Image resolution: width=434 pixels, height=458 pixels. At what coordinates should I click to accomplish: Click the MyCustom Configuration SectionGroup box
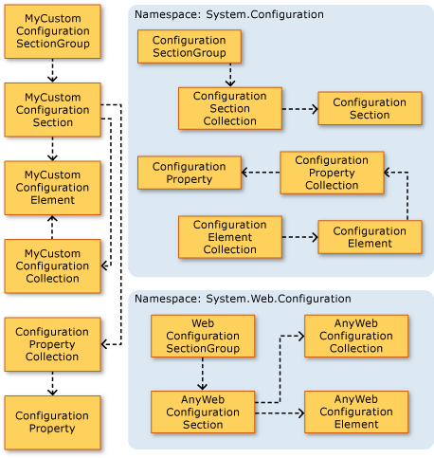point(52,31)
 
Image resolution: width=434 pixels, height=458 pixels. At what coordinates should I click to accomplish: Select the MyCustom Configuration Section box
point(52,109)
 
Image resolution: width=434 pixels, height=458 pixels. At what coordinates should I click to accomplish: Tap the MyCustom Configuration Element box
point(52,187)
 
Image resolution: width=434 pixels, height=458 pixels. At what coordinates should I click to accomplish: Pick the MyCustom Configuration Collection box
point(52,266)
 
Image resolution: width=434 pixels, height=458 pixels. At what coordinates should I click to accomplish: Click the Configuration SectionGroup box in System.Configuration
point(190,46)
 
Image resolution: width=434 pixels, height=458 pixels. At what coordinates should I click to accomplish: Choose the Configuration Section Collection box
point(230,108)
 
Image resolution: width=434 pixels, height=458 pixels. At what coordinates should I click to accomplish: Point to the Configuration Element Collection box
point(230,237)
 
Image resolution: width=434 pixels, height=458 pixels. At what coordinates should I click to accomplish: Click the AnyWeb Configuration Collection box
point(356,336)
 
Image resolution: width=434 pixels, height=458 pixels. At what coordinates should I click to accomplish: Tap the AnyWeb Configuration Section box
point(203,412)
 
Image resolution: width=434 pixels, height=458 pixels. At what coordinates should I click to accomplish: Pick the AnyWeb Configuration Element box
point(356,412)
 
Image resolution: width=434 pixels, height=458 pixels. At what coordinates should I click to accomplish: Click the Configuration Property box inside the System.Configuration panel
point(190,173)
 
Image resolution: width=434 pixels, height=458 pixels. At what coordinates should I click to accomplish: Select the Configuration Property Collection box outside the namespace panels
point(52,343)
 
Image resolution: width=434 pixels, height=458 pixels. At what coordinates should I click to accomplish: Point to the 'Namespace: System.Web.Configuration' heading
point(243,298)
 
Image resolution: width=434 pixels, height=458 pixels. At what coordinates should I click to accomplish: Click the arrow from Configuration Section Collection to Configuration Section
point(299,109)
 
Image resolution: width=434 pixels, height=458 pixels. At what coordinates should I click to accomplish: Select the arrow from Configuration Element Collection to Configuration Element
point(299,237)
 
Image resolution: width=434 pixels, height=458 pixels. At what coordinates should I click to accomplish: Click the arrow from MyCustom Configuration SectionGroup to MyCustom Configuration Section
point(52,70)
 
